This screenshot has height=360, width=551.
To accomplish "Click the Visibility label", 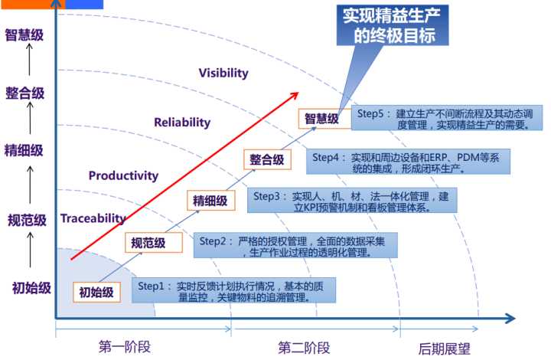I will pos(223,73).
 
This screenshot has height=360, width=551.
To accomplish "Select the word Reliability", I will pos(181,122).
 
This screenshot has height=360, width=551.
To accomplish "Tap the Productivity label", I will pos(123,175).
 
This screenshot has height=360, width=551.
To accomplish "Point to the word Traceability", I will pos(93,218).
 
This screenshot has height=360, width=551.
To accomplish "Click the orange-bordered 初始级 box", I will pos(96,292).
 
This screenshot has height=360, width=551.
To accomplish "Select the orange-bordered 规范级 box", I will pos(148,244).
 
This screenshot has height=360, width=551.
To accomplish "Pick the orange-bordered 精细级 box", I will pos(210,201).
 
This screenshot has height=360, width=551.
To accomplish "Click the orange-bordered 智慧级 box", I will pos(321,118).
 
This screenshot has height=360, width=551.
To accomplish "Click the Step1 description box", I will pos(226,291).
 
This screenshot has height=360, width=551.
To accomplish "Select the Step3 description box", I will pos(356,201).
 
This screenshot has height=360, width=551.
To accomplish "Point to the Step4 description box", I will pos(409,162).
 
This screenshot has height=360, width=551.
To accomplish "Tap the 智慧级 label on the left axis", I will pos(25,34).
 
